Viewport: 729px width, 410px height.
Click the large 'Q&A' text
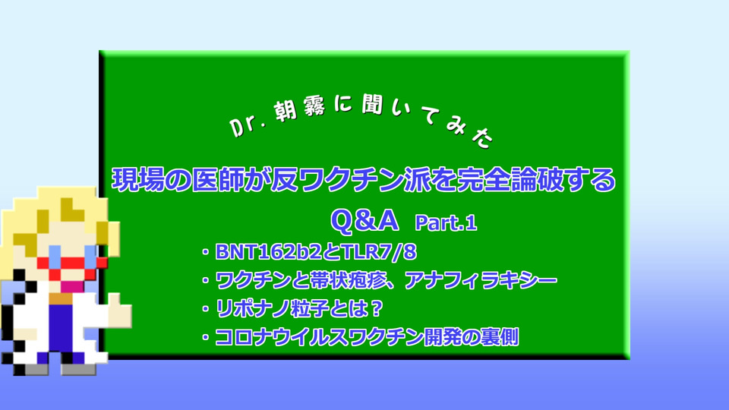pos(364,220)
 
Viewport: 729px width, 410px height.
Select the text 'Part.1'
pos(446,222)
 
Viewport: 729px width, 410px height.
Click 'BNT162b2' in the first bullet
pos(268,252)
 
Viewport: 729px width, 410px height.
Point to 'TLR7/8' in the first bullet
pos(378,252)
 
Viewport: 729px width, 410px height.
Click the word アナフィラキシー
pos(481,280)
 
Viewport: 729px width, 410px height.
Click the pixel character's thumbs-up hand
pos(119,311)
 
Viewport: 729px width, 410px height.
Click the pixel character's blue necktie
pos(61,326)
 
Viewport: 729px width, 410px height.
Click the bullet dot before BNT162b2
pos(205,252)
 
